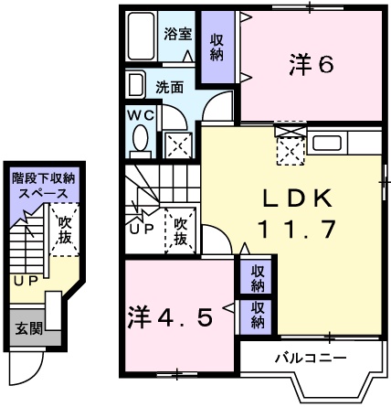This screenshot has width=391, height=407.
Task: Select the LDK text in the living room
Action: pos(292,198)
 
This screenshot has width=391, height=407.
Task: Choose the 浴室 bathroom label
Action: pos(178,35)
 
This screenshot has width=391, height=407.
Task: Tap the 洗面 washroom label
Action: pos(169,89)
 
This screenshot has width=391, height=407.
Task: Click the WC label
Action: pos(139,117)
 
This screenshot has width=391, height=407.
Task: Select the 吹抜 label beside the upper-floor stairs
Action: pos(180,231)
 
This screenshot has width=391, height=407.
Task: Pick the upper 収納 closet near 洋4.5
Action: pos(259,278)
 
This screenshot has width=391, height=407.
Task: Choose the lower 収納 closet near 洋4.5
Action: pos(259,315)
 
